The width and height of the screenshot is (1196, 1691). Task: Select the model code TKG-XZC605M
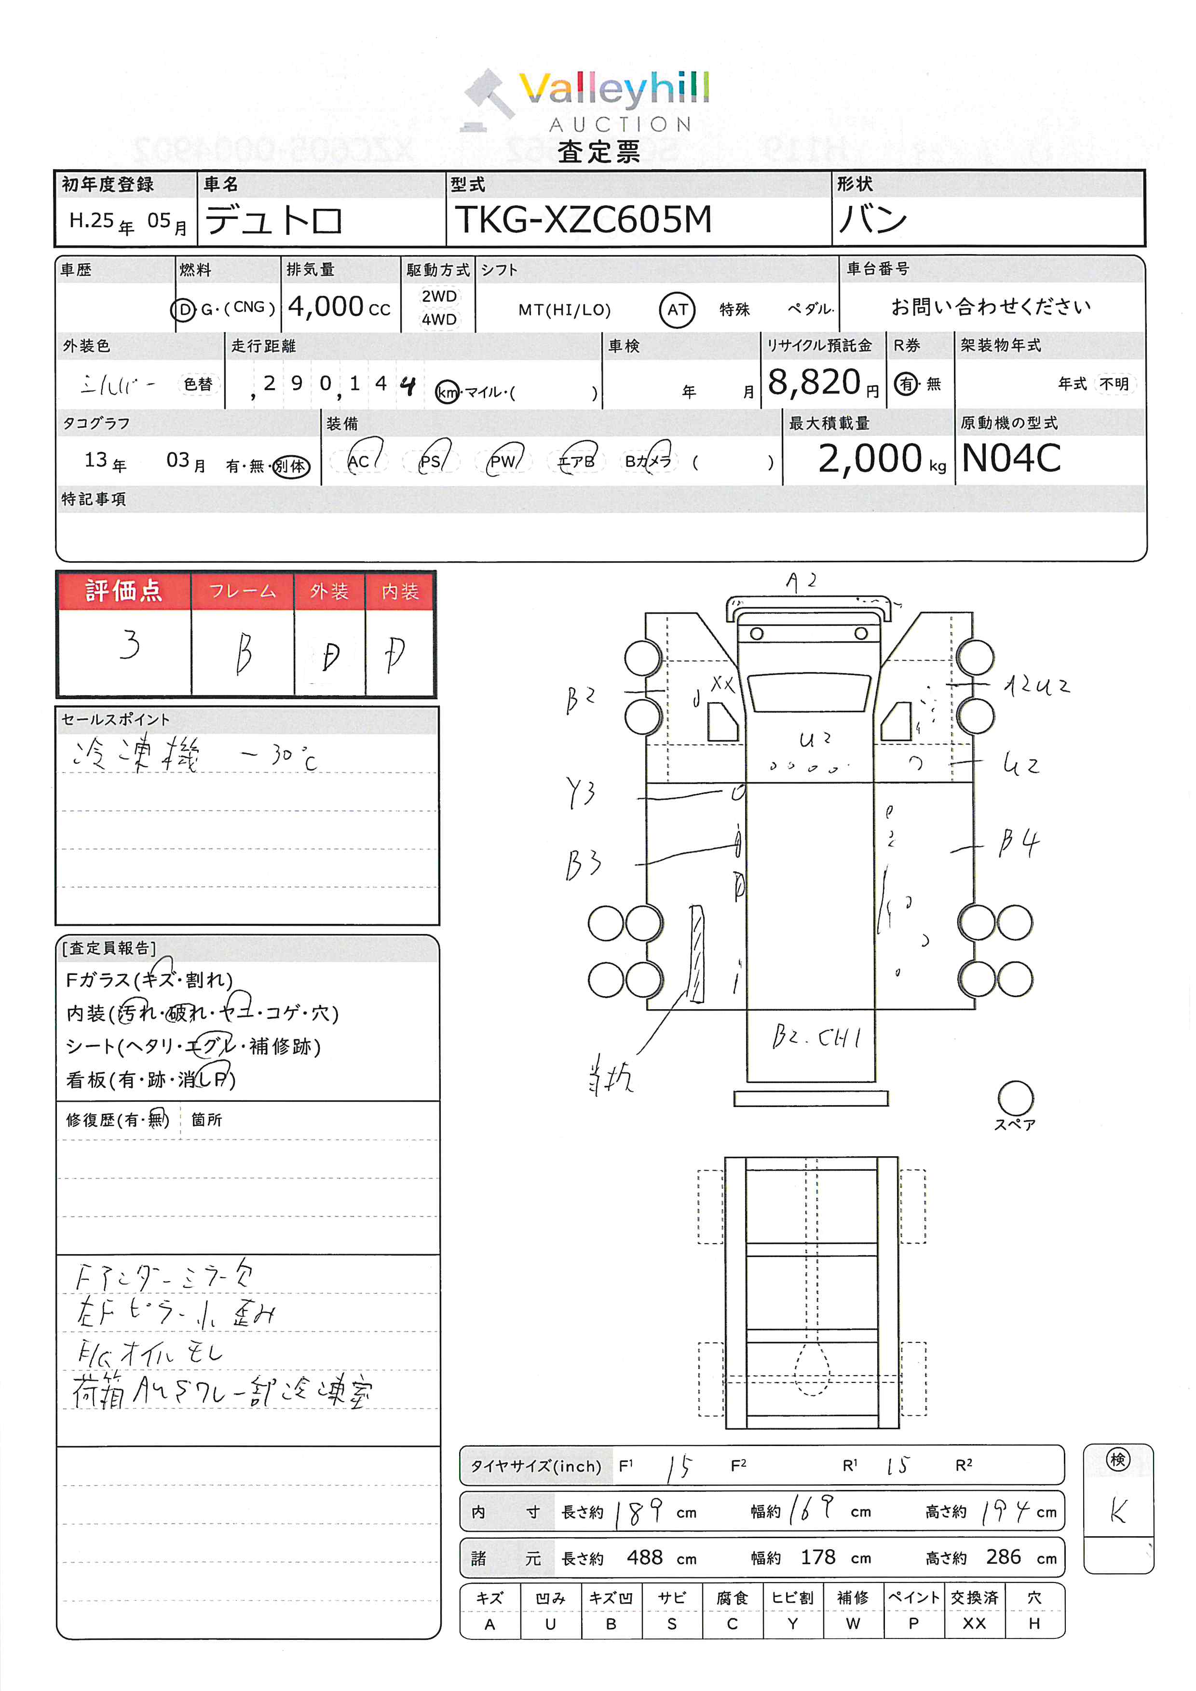pos(583,219)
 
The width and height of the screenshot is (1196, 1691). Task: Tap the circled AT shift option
pos(677,310)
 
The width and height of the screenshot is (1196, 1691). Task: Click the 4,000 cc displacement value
pos(339,306)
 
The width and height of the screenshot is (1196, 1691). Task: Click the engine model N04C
pos(1011,458)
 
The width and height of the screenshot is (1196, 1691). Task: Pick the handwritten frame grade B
pos(244,653)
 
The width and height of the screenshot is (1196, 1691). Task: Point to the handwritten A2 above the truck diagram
pos(801,582)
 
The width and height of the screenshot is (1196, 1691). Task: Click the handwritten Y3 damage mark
pos(580,793)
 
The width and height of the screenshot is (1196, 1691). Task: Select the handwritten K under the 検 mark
pos(1118,1511)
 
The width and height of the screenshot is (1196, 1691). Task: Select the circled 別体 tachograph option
pos(291,466)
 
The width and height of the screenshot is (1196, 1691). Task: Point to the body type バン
pos(873,219)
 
